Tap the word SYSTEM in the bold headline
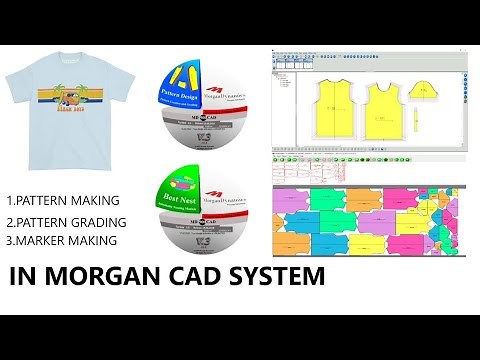coord(274,277)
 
